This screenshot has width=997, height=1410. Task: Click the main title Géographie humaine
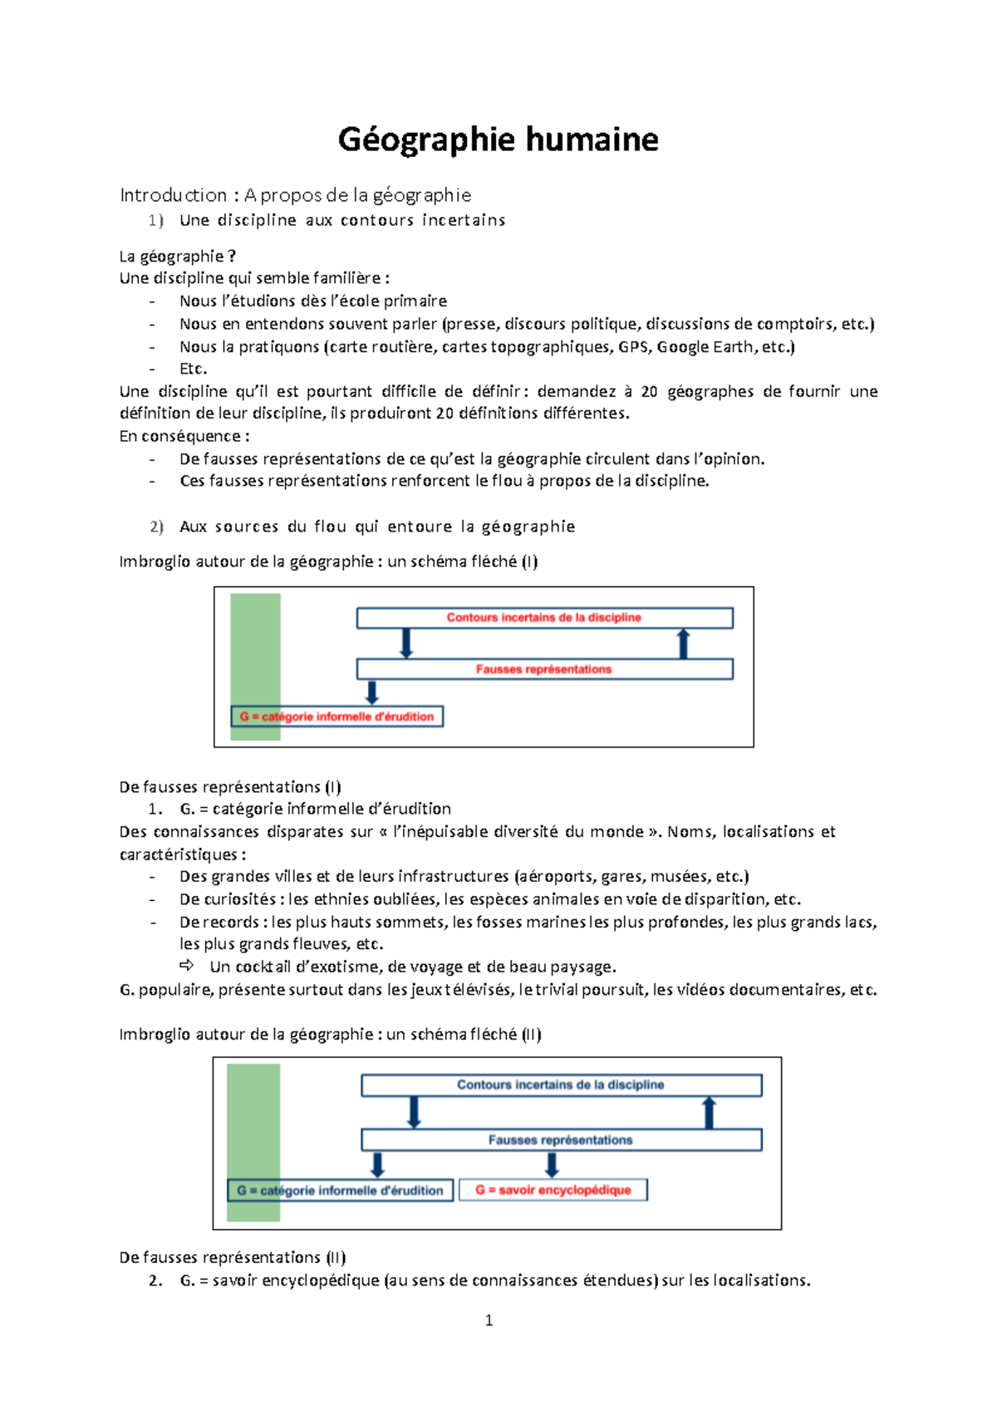tap(498, 140)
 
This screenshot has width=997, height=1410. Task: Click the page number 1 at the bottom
tap(489, 1320)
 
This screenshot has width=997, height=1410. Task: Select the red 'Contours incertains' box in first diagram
tap(544, 618)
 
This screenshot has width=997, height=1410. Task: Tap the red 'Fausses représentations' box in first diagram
tap(544, 669)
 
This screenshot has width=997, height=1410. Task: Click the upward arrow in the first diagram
tap(683, 644)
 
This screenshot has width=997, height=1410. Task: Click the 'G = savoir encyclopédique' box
tap(553, 1190)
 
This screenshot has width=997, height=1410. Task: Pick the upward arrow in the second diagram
tap(709, 1113)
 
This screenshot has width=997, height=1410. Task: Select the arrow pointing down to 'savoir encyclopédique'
tap(552, 1164)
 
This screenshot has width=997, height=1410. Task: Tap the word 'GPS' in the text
tap(633, 347)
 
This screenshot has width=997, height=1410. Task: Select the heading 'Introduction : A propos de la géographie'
tap(295, 195)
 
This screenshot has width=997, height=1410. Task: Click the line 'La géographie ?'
tap(177, 256)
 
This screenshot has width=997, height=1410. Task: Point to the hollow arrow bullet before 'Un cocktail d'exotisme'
tap(187, 966)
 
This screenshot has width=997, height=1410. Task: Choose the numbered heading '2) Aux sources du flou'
tap(362, 526)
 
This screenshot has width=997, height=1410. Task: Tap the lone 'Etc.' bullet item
tap(193, 369)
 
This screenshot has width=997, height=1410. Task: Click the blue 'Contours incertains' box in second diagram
tap(561, 1085)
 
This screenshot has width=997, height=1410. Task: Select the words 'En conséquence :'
tap(184, 436)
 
